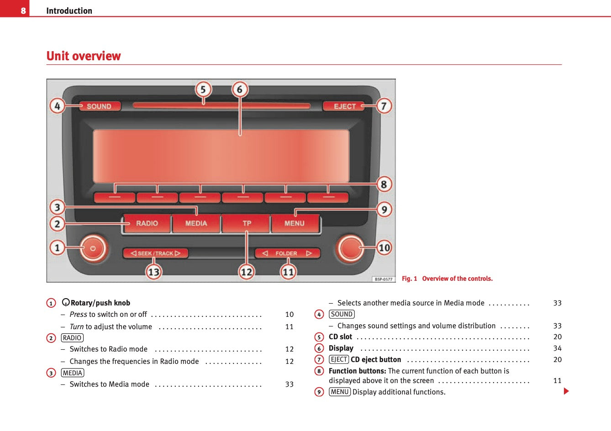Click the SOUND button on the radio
[99, 106]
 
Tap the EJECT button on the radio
[344, 106]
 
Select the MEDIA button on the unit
[196, 223]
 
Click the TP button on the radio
[247, 223]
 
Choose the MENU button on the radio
[295, 223]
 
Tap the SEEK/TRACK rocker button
[155, 253]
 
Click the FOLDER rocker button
[287, 253]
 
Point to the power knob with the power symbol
[93, 248]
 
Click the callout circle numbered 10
[384, 248]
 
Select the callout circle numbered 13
[153, 272]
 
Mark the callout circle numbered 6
[240, 89]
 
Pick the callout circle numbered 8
[384, 184]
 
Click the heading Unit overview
[84, 56]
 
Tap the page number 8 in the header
[23, 11]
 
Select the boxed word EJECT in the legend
[339, 360]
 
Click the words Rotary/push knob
[100, 303]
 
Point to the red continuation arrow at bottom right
[566, 391]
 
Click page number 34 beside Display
[557, 348]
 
